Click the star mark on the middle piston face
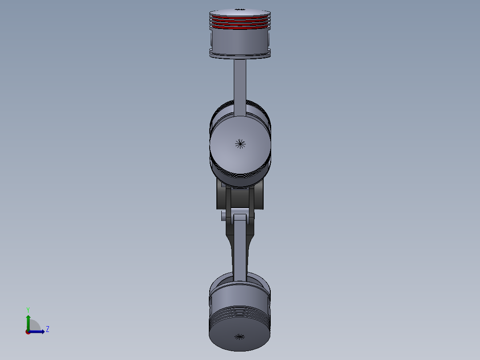pyautogui.click(x=240, y=143)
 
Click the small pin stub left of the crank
pyautogui.click(x=224, y=217)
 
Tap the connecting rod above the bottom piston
pyautogui.click(x=240, y=250)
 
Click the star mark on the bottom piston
pyautogui.click(x=240, y=336)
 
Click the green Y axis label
pyautogui.click(x=28, y=309)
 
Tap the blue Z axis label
pyautogui.click(x=47, y=329)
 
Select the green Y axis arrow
pyautogui.click(x=28, y=321)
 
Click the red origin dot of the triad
pyautogui.click(x=28, y=331)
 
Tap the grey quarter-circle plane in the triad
pyautogui.click(x=34, y=326)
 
